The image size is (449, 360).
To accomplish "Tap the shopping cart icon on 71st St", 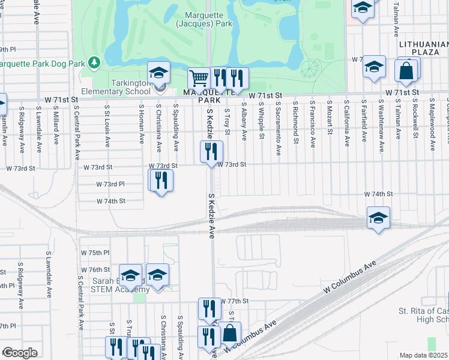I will (x=198, y=77).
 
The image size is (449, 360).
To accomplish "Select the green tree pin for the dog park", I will (x=94, y=62).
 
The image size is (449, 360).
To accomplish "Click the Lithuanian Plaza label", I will (x=424, y=49).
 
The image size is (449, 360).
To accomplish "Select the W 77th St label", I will (x=234, y=301).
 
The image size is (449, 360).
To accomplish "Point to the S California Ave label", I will (x=346, y=124).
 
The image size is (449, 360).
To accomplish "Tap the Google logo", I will (x=20, y=353).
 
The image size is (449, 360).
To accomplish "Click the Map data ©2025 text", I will (x=424, y=355).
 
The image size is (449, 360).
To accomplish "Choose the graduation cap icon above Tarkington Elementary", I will (x=159, y=73).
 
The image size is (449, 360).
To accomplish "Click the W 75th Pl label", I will (x=95, y=253).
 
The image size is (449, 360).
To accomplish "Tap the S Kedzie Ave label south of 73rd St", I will (x=211, y=216).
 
